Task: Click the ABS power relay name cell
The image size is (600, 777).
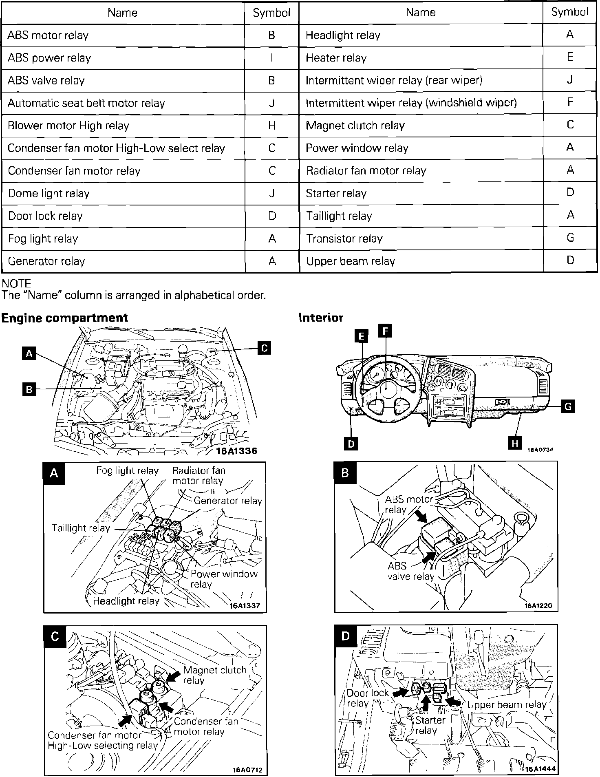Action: click(x=49, y=58)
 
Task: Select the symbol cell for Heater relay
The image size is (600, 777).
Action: click(x=570, y=57)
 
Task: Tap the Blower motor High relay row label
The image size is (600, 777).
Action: click(x=68, y=126)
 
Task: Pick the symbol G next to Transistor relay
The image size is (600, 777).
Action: click(x=570, y=238)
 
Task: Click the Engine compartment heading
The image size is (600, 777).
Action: click(x=64, y=318)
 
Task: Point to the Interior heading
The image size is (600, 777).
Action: click(x=321, y=318)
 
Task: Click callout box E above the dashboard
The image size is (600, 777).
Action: click(x=361, y=336)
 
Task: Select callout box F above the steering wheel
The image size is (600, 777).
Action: click(x=385, y=331)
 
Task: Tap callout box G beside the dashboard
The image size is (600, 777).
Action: click(x=568, y=406)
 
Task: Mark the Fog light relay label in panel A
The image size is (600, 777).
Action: click(x=127, y=471)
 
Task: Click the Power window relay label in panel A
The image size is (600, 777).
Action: click(x=224, y=579)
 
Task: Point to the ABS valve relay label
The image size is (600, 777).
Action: click(x=410, y=571)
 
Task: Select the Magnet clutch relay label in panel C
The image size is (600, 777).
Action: click(x=214, y=675)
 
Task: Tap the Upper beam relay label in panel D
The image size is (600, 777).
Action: click(x=506, y=705)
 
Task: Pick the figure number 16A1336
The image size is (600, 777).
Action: click(x=237, y=451)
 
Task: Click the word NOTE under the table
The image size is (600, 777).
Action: click(x=16, y=284)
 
